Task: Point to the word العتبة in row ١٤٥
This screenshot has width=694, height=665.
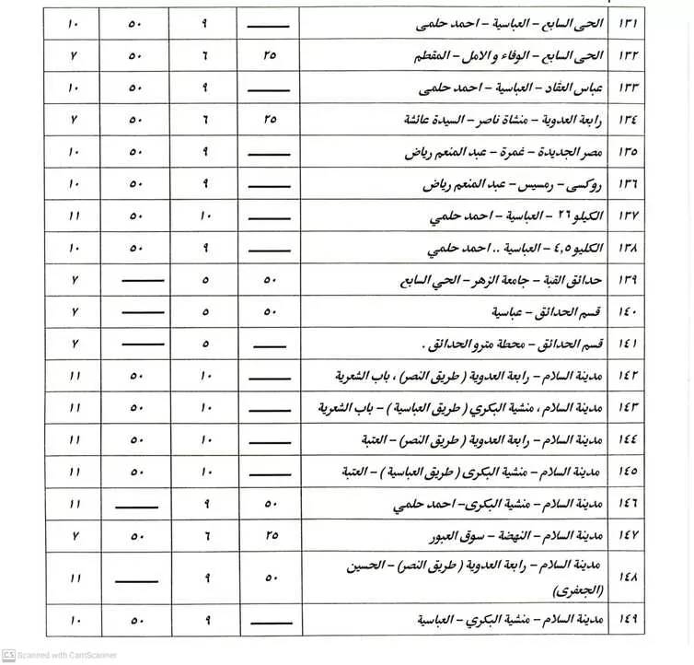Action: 368,472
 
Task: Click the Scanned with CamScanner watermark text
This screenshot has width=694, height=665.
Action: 72,654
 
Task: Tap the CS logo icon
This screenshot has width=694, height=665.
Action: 8,654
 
